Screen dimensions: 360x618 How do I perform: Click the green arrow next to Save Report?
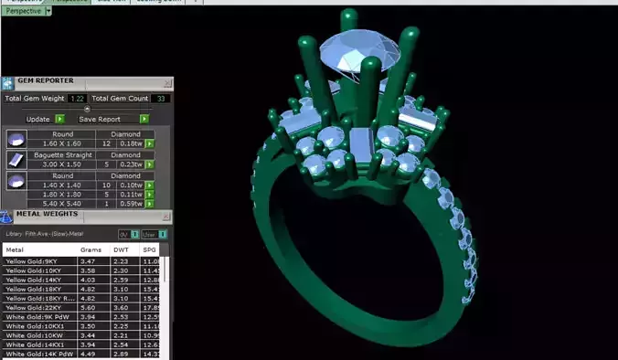[144, 119]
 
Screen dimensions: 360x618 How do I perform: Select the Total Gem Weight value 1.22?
[77, 99]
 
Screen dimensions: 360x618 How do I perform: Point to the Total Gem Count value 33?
[162, 99]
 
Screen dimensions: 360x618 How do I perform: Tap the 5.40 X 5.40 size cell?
[62, 204]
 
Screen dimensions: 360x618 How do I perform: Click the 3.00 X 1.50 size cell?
[62, 164]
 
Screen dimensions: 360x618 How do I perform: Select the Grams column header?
[91, 249]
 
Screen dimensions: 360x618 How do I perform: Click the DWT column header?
[121, 249]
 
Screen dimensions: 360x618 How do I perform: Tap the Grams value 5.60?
[89, 308]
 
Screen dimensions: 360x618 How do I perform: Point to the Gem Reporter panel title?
[46, 81]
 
